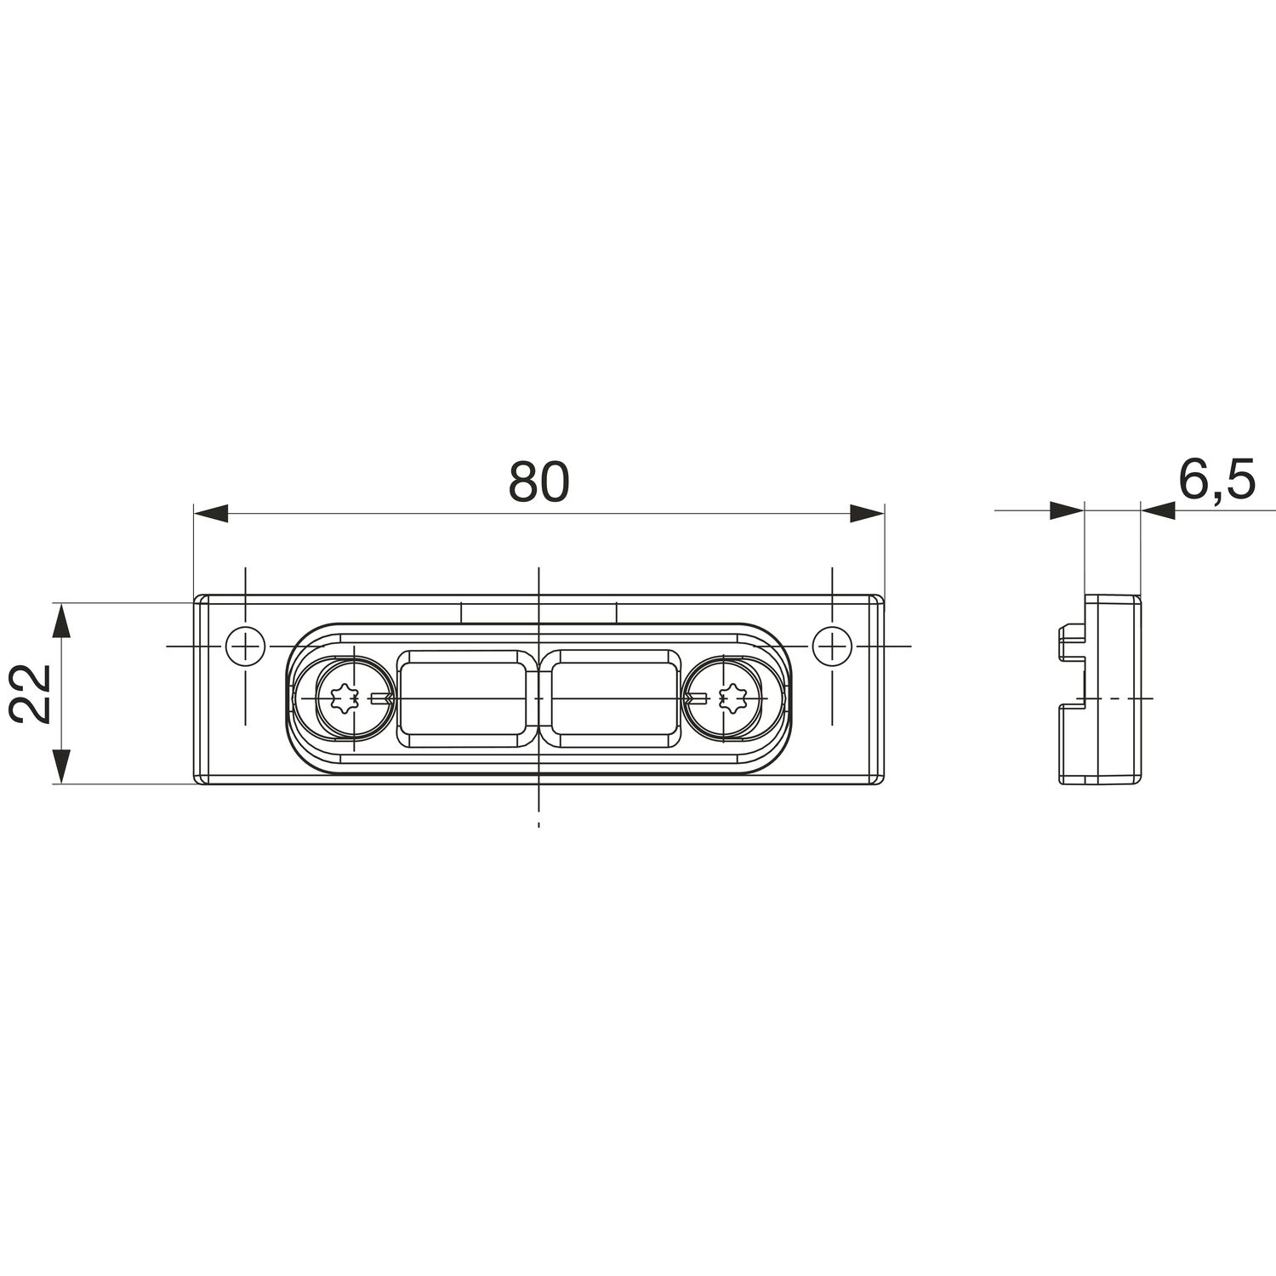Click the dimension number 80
tap(538, 482)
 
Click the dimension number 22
tap(32, 692)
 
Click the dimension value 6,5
tap(1216, 480)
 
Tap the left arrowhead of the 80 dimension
tap(212, 513)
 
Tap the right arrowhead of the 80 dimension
tap(867, 513)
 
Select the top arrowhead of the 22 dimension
tap(60, 620)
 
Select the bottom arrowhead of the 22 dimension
tap(60, 766)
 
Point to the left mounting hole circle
tap(245, 647)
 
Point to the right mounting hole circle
tap(832, 647)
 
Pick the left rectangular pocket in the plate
tap(461, 699)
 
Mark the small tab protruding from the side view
tap(1070, 642)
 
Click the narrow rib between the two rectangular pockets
tap(538, 699)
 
